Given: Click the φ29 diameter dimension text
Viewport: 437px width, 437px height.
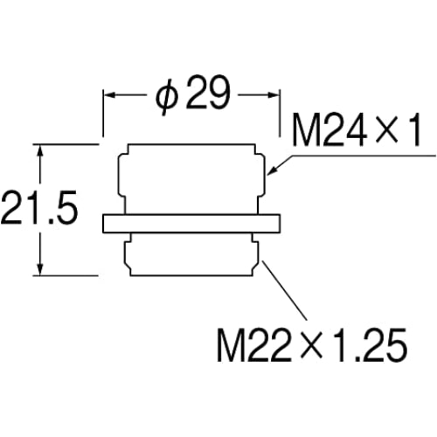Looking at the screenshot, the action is (x=193, y=94).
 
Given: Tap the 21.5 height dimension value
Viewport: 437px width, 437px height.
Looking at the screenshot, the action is (x=39, y=208).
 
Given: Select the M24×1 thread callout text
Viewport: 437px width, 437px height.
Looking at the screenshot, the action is (x=356, y=130).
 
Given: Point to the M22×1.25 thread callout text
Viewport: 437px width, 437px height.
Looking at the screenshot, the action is (x=311, y=345).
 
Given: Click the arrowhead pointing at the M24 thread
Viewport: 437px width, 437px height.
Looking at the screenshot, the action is (x=273, y=170).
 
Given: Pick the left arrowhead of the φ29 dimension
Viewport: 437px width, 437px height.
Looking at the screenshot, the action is (x=110, y=95).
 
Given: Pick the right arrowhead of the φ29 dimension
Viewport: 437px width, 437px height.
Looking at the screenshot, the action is (x=273, y=95).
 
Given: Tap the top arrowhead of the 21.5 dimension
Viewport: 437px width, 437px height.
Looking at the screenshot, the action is (x=40, y=150).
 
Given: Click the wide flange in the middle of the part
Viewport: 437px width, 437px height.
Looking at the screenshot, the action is (x=191, y=224).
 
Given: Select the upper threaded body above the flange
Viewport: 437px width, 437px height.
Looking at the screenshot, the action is (x=191, y=179).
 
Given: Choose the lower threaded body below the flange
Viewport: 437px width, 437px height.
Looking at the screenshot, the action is (x=191, y=254).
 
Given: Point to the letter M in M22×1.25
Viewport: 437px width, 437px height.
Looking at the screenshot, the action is (x=232, y=345).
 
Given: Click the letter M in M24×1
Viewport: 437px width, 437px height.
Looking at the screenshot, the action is (x=307, y=130).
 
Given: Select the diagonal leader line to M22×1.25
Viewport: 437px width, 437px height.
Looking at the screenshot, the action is (x=285, y=290).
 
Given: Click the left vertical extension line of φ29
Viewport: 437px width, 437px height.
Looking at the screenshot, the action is (x=103, y=113).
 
